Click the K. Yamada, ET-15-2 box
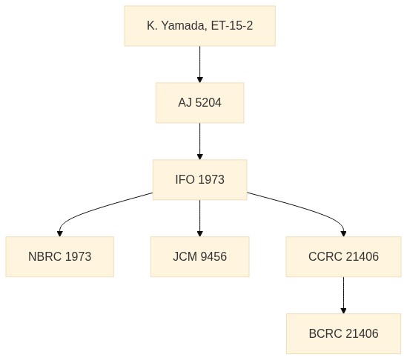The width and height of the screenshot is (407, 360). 199,26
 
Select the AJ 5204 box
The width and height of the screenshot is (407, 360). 199,103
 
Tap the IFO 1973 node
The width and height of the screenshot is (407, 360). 199,180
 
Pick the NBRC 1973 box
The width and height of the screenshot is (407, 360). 60,257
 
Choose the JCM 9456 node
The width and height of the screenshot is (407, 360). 199,257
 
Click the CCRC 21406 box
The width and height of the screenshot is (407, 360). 343,257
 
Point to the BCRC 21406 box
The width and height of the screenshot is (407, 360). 343,333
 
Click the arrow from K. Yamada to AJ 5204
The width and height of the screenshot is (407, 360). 199,64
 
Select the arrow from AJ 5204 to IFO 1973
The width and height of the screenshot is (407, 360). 199,141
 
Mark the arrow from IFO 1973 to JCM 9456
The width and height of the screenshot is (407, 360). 199,218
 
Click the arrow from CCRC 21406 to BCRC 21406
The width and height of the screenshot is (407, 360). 343,295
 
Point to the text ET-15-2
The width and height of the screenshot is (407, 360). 232,26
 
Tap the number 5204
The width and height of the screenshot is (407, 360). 208,102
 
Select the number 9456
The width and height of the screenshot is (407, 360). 214,256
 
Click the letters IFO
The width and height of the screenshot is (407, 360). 185,179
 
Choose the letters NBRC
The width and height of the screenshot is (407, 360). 45,256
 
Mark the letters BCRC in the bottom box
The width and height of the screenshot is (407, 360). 325,333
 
